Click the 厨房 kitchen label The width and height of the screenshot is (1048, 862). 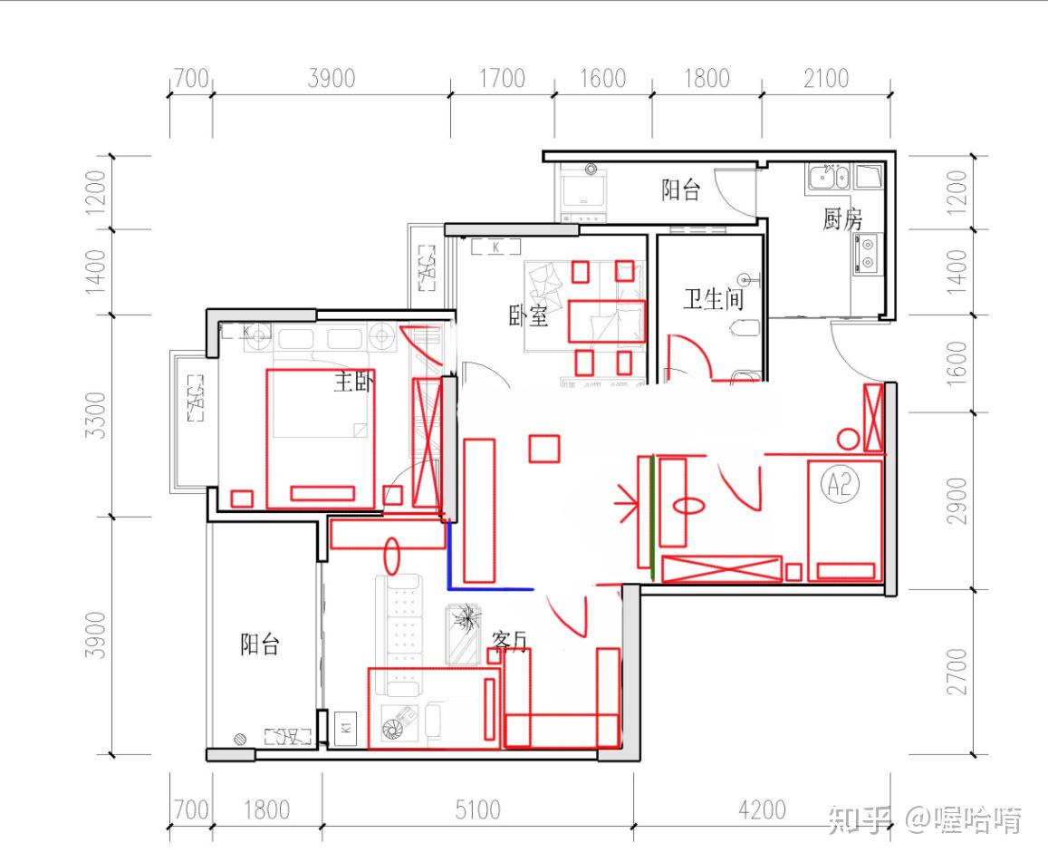(x=842, y=218)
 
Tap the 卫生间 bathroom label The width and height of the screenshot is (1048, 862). (x=714, y=298)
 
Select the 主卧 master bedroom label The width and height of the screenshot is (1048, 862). (x=353, y=382)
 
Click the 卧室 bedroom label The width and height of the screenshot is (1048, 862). (x=529, y=315)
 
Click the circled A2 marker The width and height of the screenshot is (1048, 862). (x=841, y=483)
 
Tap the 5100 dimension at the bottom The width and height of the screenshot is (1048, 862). (x=478, y=809)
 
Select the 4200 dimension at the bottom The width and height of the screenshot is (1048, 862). (x=762, y=809)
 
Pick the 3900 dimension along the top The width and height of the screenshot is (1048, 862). (x=332, y=78)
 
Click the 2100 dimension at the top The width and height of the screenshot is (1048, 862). (x=826, y=78)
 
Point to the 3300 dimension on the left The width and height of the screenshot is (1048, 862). (x=96, y=415)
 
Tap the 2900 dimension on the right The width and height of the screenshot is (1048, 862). (x=957, y=501)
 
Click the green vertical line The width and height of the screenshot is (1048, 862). (x=651, y=517)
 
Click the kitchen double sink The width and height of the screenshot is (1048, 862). (x=829, y=178)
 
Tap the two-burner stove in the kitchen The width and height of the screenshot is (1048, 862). (x=868, y=253)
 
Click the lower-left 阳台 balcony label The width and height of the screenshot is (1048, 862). (x=259, y=644)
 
